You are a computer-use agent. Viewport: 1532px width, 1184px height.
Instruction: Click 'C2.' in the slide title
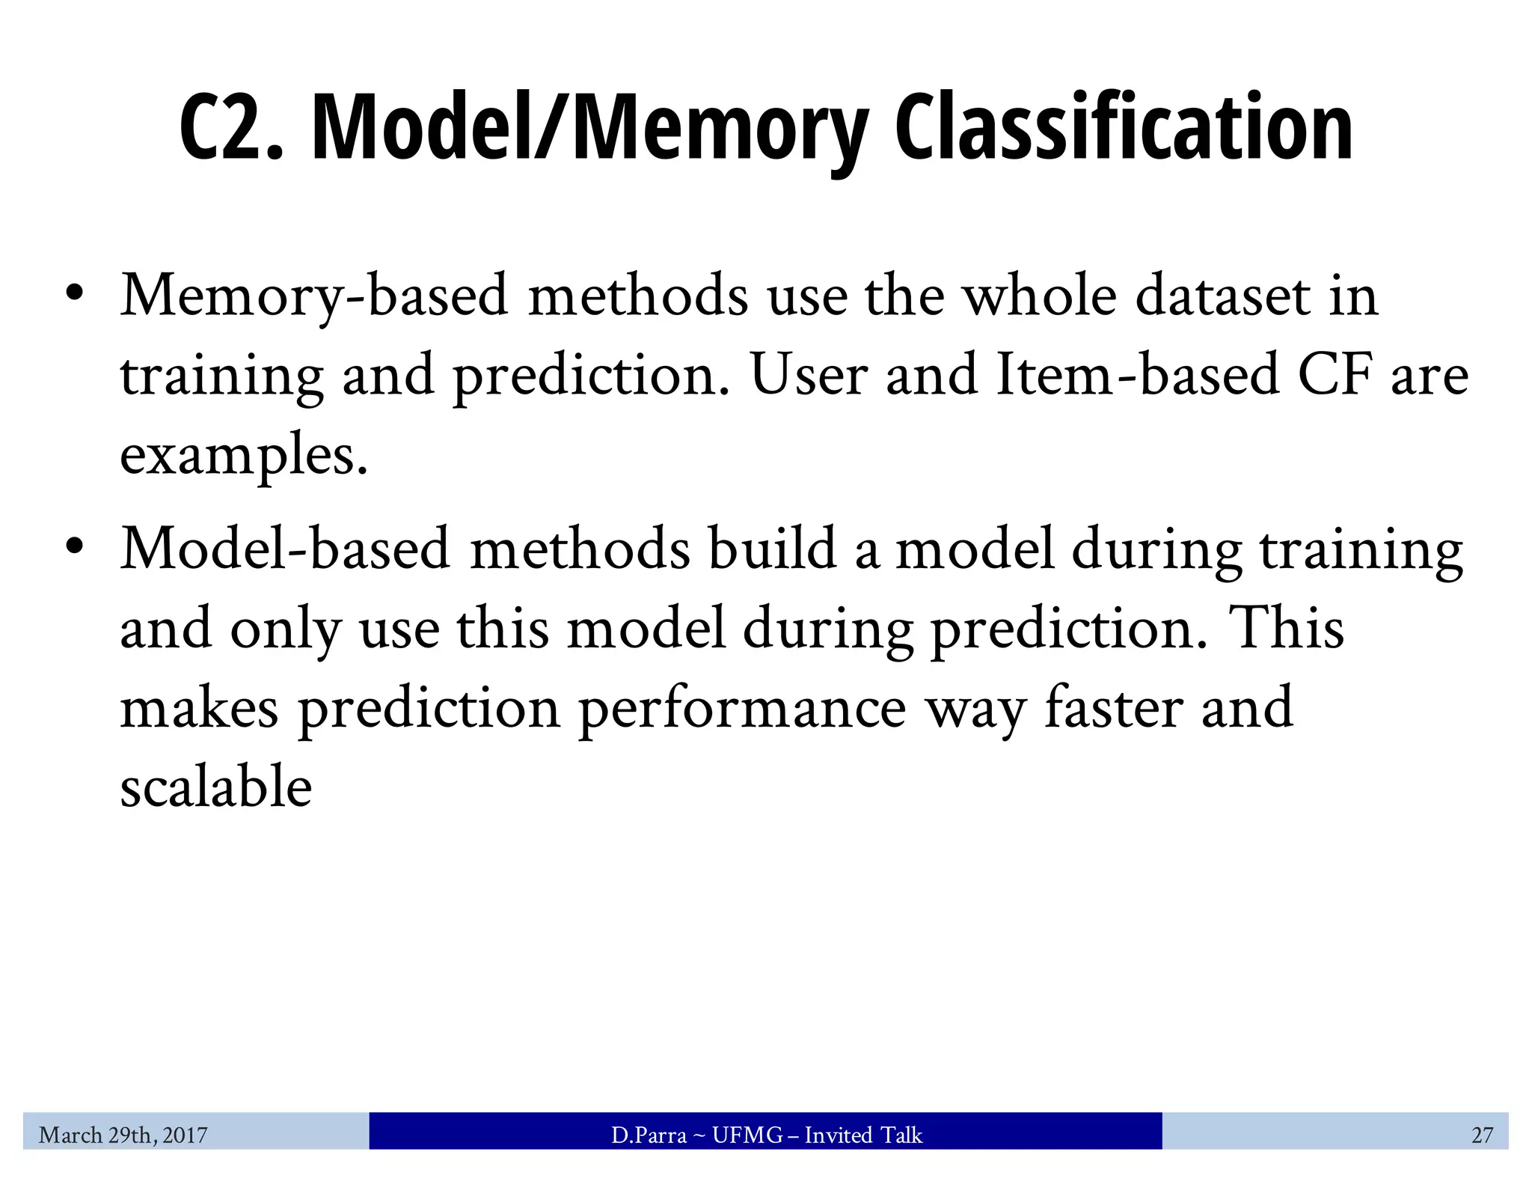point(232,127)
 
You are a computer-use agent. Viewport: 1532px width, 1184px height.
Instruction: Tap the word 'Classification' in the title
point(1123,127)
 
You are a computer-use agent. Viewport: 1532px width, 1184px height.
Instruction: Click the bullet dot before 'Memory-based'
point(73,294)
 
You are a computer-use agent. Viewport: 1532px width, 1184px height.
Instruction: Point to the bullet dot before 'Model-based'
point(73,547)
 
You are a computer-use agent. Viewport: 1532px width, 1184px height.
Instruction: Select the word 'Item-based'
point(1137,375)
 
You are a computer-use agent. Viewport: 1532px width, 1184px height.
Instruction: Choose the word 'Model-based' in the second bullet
point(285,549)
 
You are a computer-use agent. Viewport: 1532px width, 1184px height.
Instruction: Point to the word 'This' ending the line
point(1286,628)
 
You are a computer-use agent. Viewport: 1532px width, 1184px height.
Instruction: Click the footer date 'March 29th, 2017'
point(123,1135)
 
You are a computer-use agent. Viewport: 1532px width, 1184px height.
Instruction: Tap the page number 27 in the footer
point(1482,1135)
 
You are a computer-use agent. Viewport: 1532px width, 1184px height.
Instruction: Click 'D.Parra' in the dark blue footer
point(648,1135)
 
